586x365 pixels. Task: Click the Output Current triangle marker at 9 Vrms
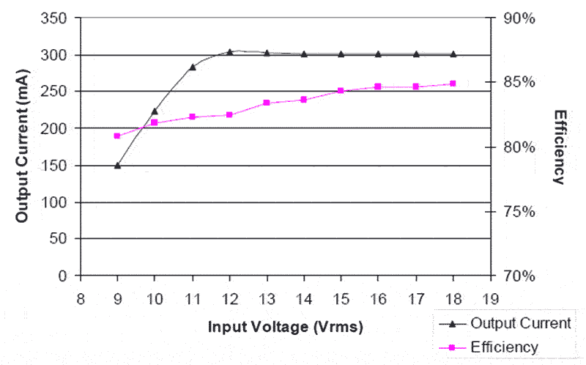[x=117, y=165]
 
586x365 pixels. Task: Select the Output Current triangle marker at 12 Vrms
[x=229, y=52]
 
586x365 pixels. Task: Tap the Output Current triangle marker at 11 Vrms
[x=193, y=67]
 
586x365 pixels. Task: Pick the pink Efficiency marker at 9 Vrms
[x=117, y=136]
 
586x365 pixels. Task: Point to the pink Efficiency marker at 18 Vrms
[x=453, y=84]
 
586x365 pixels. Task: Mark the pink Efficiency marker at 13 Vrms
[x=267, y=103]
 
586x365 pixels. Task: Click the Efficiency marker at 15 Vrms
[x=341, y=91]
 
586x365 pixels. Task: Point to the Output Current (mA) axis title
[x=21, y=147]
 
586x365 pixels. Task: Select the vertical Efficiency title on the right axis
[x=560, y=147]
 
